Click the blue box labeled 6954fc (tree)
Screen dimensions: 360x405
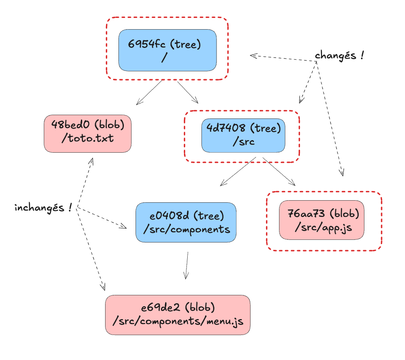[167, 50]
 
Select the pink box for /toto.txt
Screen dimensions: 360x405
[88, 133]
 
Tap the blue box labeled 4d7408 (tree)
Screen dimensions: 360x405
[243, 136]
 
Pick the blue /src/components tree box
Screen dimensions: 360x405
[186, 222]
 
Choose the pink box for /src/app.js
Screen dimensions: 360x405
[322, 220]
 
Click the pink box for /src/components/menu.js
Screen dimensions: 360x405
[178, 315]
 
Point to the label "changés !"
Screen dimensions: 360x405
[339, 55]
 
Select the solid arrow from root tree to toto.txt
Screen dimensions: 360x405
[149, 92]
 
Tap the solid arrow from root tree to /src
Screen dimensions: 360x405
[188, 92]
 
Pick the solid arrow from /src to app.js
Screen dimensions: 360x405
[279, 171]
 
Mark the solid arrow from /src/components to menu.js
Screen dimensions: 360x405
[186, 265]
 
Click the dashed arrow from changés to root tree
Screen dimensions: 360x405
[284, 58]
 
